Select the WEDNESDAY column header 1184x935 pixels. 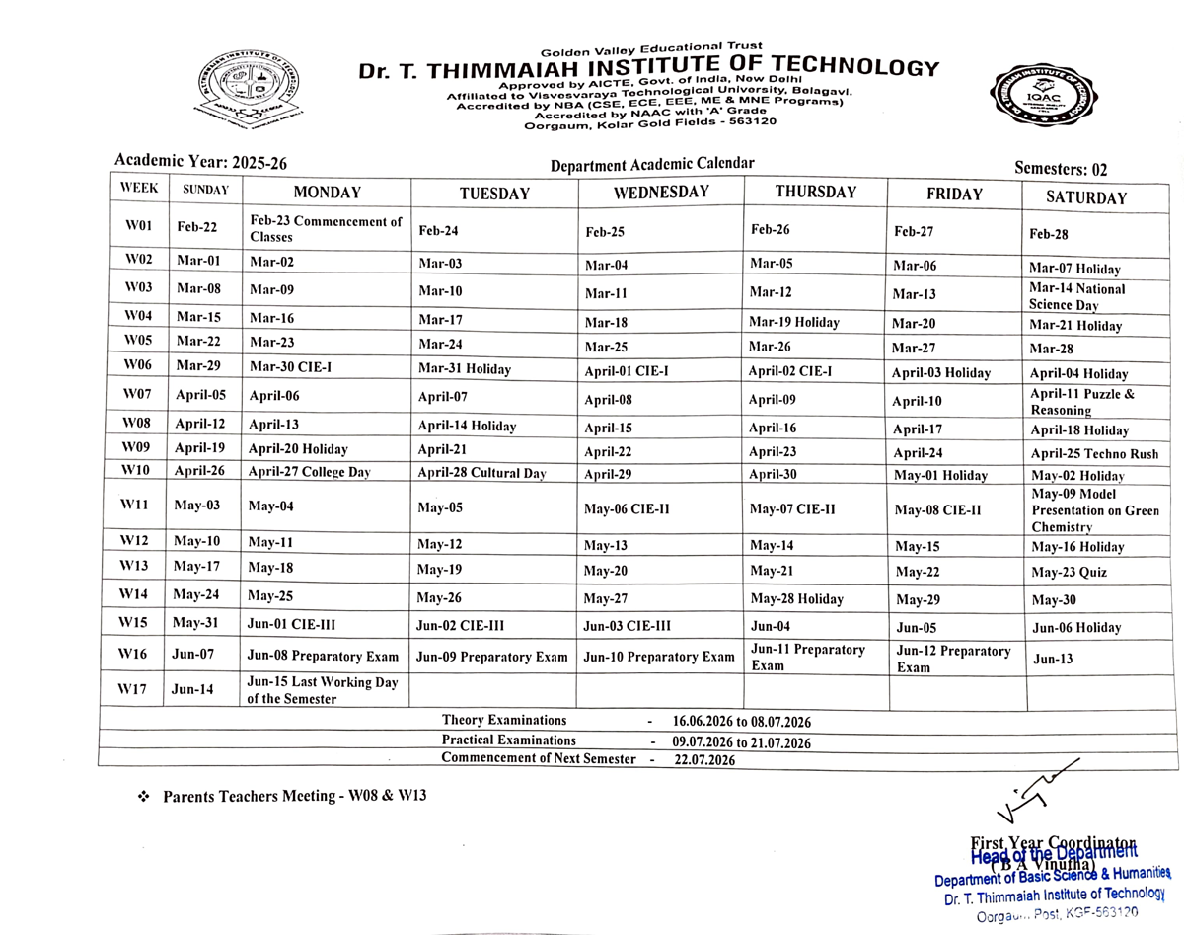pos(660,193)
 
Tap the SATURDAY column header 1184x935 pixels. pos(1085,197)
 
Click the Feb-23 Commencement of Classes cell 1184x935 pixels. pos(326,229)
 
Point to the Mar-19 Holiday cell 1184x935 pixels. pos(793,322)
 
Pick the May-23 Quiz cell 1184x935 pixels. pos(1069,573)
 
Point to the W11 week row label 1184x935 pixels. pos(134,506)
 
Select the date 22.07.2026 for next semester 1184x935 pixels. pos(704,760)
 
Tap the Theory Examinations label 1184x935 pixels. pos(504,721)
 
